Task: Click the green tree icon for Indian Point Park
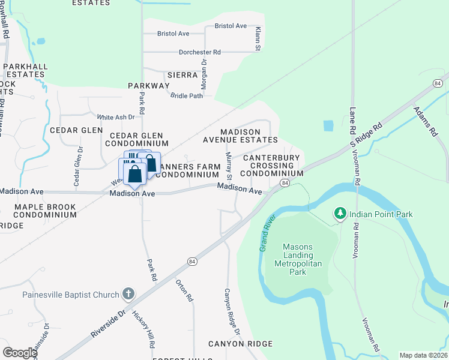(340, 214)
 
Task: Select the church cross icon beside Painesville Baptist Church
(128, 294)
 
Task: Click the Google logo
(20, 353)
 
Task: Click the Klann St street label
(257, 38)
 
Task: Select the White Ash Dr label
(112, 117)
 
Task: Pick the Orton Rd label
(184, 290)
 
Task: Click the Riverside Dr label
(108, 325)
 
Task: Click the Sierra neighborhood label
(182, 75)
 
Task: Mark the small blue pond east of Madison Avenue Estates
(328, 126)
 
